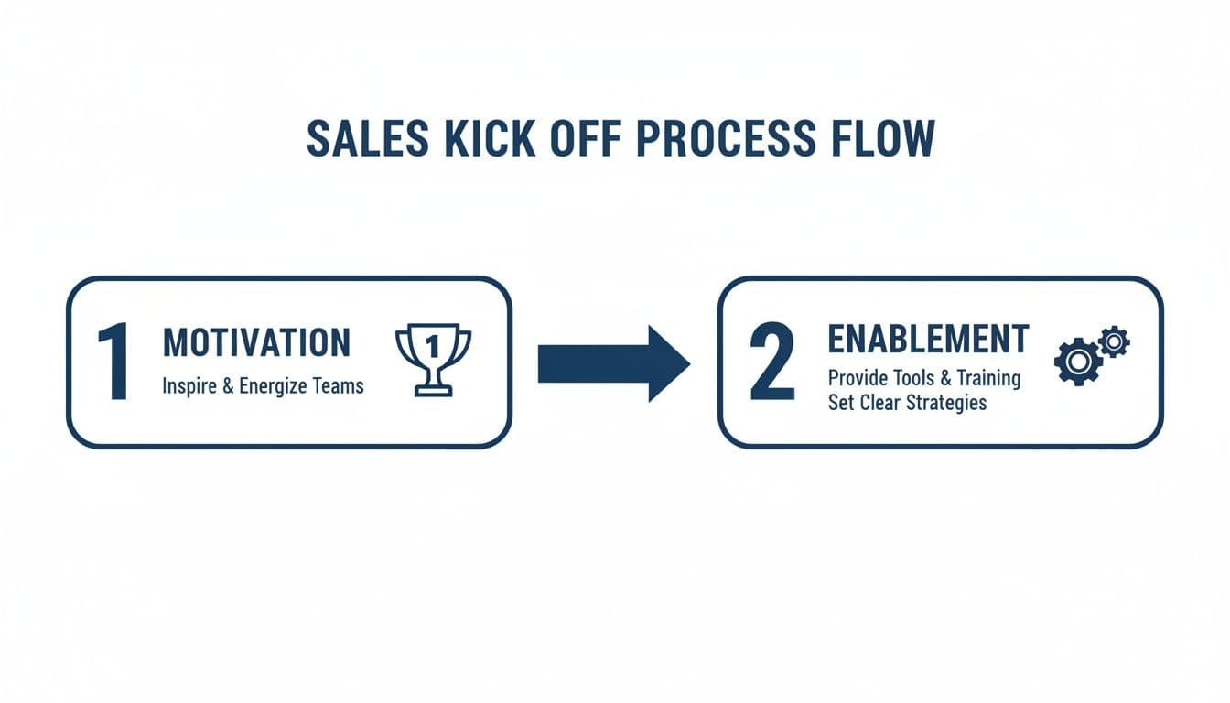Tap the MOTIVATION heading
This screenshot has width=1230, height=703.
coord(256,343)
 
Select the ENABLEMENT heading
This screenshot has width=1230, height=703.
coord(928,339)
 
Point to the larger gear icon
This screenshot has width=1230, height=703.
coord(1077,362)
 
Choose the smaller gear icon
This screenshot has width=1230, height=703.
coord(1114,341)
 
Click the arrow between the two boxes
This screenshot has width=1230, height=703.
coord(613,363)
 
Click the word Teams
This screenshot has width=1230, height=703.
coord(339,385)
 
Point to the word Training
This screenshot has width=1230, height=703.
coord(988,377)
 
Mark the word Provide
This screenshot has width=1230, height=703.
coord(859,377)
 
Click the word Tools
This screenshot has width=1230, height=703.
coord(917,377)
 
